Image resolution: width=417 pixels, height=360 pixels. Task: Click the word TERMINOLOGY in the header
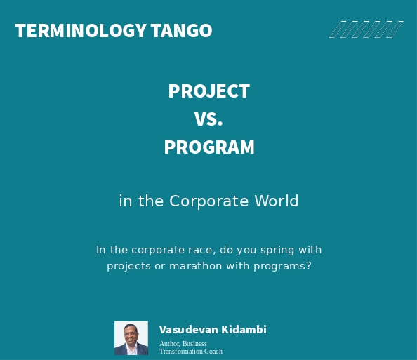81,31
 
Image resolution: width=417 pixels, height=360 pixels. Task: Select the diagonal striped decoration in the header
366,29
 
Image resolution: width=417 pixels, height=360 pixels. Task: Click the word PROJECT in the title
208,91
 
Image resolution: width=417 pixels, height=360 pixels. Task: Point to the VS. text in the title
208,119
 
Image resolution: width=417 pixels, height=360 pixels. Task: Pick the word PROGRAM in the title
208,147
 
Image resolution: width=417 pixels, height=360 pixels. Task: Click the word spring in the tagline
284,251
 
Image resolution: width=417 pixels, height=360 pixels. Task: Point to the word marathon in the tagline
194,267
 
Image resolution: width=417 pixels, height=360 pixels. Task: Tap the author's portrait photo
131,338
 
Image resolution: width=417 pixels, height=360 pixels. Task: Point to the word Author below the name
169,344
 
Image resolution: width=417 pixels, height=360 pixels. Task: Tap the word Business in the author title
195,344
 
